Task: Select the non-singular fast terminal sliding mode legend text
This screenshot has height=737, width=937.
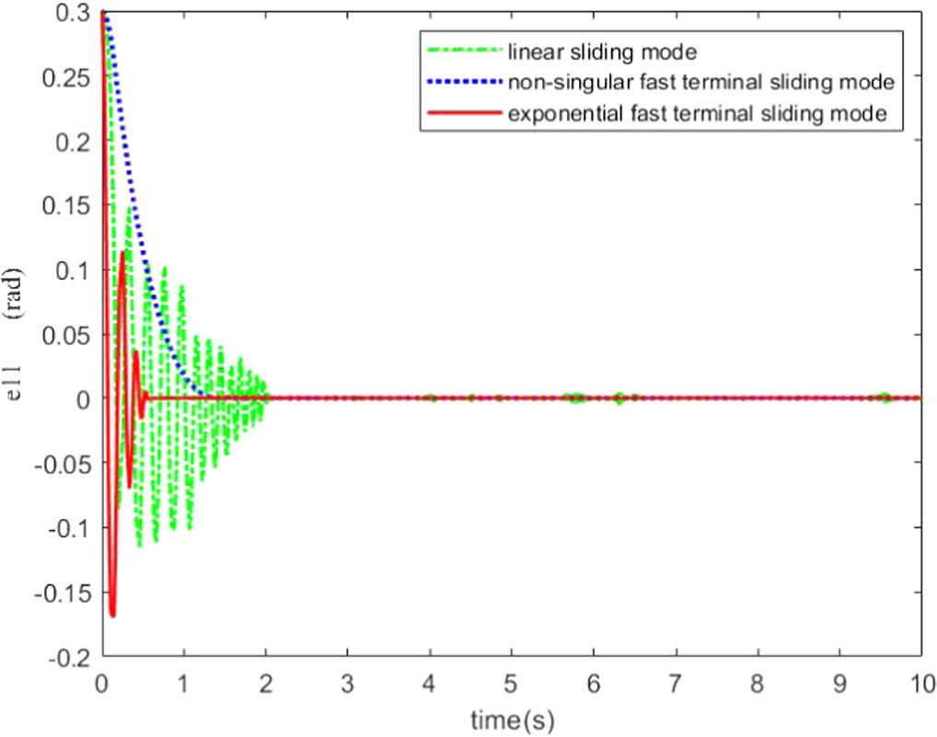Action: pos(700,82)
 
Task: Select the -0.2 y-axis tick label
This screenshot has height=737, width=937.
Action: pos(69,656)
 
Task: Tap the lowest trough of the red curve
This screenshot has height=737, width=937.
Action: pos(112,615)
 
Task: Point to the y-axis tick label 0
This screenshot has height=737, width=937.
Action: pos(81,398)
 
